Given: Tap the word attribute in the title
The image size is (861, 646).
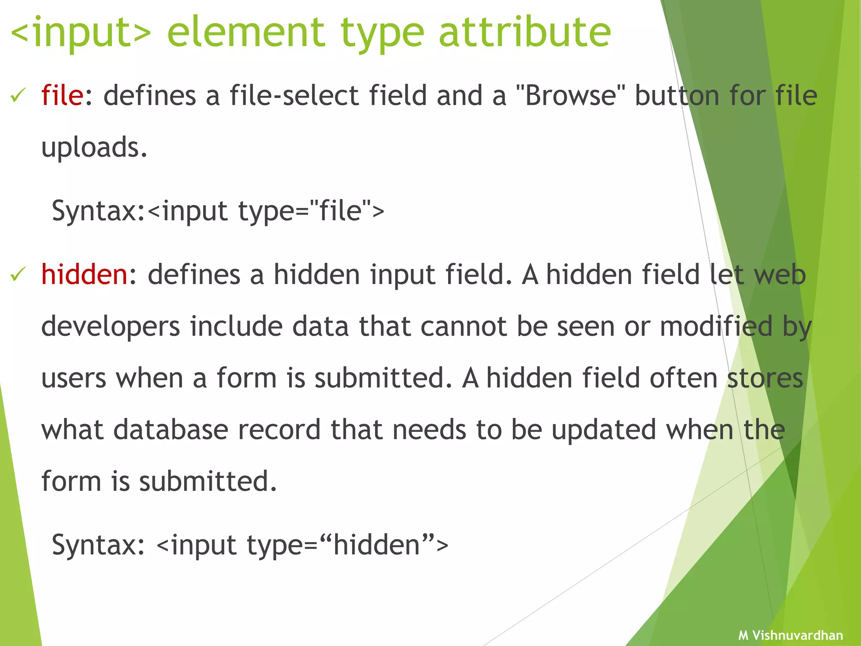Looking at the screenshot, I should click(x=524, y=33).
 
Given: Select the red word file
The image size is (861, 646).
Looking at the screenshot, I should click(x=62, y=95).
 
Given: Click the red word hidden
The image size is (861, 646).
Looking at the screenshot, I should click(x=84, y=275).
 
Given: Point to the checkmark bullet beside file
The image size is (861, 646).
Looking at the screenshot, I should click(x=18, y=96).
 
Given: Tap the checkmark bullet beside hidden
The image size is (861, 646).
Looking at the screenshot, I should click(x=18, y=275).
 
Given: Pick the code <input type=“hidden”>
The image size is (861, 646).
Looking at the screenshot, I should click(x=302, y=545).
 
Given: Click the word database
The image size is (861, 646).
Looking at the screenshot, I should click(x=171, y=430).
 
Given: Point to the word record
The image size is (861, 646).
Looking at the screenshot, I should click(x=279, y=430).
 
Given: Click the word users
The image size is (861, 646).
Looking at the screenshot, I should click(x=74, y=378).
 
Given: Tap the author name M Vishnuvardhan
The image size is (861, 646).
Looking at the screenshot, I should click(x=790, y=635).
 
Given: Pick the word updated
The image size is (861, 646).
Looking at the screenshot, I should click(x=604, y=430).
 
